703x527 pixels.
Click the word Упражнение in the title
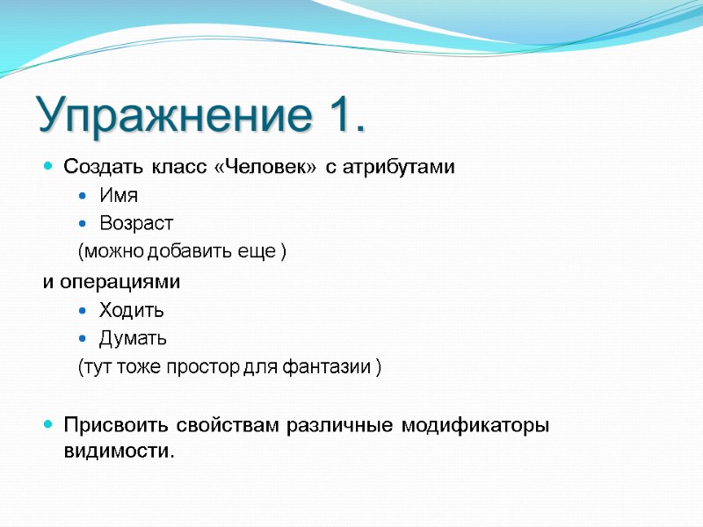[170, 116]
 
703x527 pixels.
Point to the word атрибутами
[402, 168]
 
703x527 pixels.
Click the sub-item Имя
[119, 196]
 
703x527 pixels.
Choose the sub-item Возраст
[136, 224]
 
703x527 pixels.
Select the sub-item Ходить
[132, 310]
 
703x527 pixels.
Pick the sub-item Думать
[133, 338]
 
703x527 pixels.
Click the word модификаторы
[475, 426]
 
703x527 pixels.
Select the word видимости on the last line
[119, 451]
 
